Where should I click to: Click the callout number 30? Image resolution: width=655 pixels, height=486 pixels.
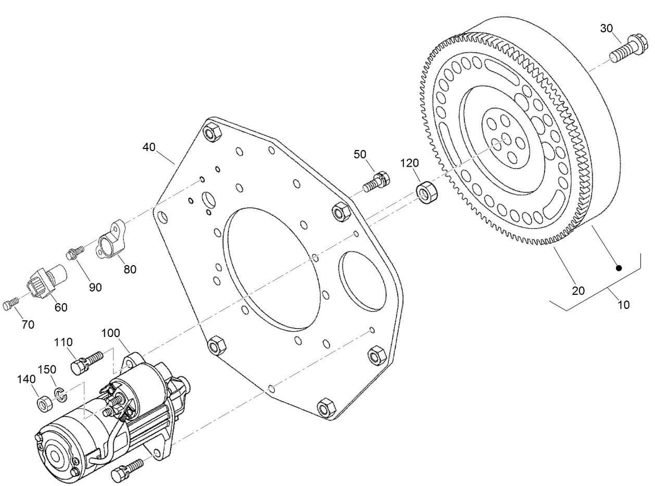(x=607, y=28)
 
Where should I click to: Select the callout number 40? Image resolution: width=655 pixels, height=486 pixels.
(x=149, y=147)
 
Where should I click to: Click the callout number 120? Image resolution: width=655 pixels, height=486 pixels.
(x=409, y=164)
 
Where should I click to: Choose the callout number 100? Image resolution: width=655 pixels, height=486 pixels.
(x=110, y=332)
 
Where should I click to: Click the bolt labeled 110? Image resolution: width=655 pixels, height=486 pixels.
(x=85, y=362)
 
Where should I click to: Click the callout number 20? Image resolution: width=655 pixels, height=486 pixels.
(x=578, y=291)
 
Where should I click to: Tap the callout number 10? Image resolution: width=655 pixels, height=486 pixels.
(x=623, y=305)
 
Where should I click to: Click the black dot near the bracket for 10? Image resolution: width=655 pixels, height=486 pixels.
(x=619, y=268)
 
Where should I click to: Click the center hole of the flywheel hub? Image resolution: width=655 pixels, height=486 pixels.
(x=504, y=138)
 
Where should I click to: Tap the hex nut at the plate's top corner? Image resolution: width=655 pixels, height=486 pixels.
(x=211, y=132)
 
